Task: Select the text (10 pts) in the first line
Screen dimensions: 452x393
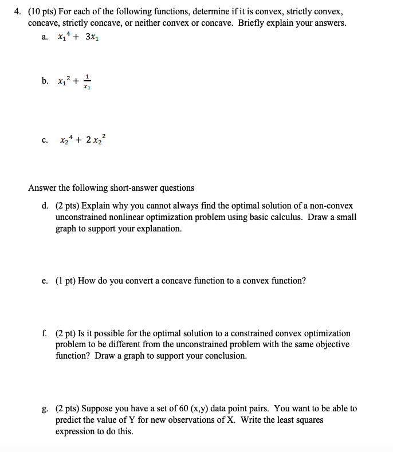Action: [x=43, y=11]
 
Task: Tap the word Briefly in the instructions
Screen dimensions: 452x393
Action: [x=254, y=23]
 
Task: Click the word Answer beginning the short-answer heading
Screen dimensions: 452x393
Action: [x=42, y=188]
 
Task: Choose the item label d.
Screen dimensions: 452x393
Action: [x=45, y=205]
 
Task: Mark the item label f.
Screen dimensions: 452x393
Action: [x=45, y=333]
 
